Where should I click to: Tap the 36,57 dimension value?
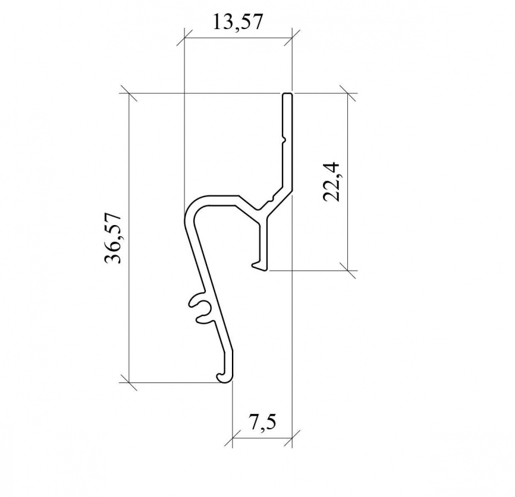[x=113, y=238]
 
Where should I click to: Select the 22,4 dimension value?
[x=332, y=182]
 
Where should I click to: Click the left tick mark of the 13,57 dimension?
[x=184, y=37]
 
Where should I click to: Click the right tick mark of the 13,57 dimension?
[x=292, y=37]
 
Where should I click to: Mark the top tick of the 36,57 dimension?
[x=128, y=93]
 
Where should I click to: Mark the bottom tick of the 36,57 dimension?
[x=128, y=382]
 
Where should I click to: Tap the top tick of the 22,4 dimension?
[x=347, y=93]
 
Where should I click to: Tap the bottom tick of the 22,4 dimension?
[x=347, y=271]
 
